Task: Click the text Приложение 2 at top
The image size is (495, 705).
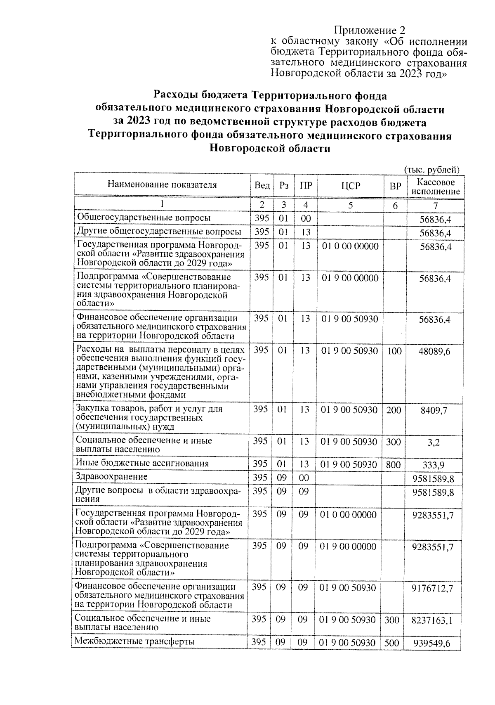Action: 369,31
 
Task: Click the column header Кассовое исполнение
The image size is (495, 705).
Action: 436,187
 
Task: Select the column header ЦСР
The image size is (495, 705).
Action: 351,186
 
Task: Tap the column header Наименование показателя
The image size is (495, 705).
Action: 162,185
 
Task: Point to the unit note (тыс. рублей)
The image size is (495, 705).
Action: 431,170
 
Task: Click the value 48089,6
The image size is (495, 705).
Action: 435,351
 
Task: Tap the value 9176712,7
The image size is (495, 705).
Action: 432,588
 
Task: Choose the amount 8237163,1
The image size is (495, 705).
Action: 432,620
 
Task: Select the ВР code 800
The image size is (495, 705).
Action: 394,464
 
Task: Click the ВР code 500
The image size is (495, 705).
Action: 392,643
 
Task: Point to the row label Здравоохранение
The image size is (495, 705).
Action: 111,477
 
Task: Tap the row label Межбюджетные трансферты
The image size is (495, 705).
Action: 134,641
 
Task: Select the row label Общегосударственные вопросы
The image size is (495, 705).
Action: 144,218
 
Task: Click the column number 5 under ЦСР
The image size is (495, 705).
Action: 351,205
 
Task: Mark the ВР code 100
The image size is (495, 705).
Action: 394,351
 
